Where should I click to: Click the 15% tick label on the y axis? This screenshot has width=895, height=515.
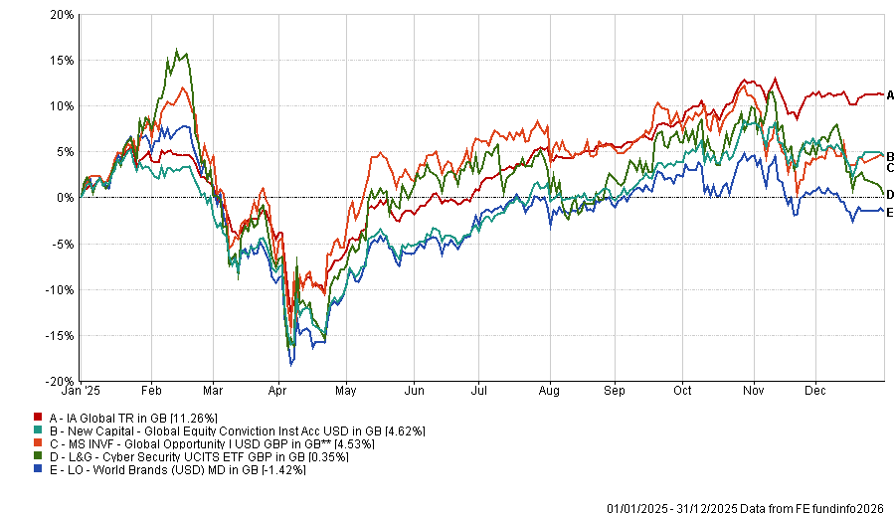coord(61,60)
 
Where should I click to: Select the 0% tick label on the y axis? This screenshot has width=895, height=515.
coord(65,198)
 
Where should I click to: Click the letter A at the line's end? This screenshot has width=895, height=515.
coord(891,95)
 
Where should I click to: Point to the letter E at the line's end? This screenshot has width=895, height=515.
coord(891,213)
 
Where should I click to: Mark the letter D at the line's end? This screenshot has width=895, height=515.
coord(891,194)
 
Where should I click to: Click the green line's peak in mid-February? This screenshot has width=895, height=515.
coord(177,50)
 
